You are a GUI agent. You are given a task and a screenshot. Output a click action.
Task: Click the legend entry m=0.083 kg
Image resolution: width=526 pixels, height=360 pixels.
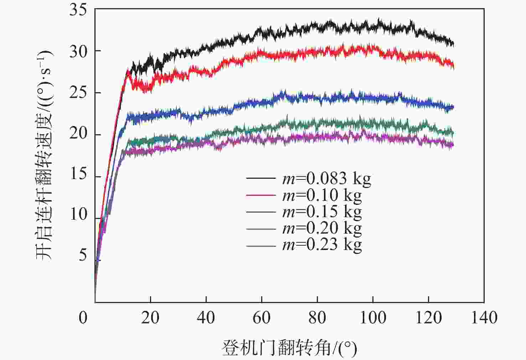(326, 178)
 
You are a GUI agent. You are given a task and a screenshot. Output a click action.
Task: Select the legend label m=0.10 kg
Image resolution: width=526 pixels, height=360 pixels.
(322, 195)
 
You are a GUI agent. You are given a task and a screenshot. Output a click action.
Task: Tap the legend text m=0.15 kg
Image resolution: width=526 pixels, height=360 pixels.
(322, 212)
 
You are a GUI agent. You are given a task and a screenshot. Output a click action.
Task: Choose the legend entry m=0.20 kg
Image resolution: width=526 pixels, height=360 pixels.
(322, 228)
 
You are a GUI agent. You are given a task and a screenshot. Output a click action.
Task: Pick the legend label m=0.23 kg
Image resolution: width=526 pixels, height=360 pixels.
(322, 245)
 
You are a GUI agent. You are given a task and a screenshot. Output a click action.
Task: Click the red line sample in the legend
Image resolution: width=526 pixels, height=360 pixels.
(261, 195)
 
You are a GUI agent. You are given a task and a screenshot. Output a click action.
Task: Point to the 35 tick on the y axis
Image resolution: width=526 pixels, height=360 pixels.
(78, 10)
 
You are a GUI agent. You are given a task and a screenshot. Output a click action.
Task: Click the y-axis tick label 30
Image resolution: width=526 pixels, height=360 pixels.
(78, 52)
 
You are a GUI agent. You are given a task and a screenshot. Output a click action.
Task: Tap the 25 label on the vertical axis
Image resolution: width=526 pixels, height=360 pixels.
(78, 93)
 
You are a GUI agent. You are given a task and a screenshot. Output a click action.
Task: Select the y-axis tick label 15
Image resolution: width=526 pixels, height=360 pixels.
(78, 174)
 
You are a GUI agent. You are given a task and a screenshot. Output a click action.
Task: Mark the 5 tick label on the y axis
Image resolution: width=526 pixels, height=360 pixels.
(83, 255)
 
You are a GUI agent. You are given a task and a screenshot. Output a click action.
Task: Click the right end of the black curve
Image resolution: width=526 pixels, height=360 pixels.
(453, 44)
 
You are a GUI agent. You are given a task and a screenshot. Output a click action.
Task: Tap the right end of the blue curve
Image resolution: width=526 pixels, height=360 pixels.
(453, 107)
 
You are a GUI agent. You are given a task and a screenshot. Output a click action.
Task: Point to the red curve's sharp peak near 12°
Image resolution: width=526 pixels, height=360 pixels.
(128, 71)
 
